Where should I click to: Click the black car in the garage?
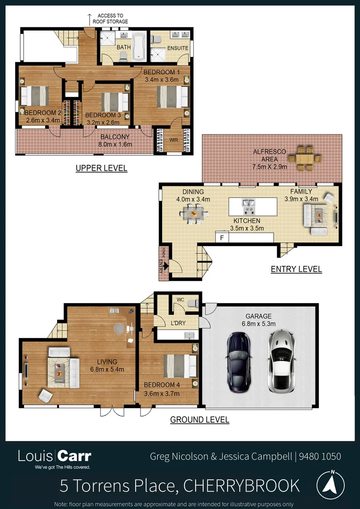point(238,362)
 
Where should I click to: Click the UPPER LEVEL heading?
point(101,168)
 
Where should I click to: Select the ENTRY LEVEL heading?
point(296,269)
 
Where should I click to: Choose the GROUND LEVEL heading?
point(199,419)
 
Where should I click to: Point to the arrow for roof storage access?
point(90,19)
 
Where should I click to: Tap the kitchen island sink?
point(249,204)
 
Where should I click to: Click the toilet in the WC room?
point(192,303)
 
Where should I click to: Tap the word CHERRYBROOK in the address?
point(241,485)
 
